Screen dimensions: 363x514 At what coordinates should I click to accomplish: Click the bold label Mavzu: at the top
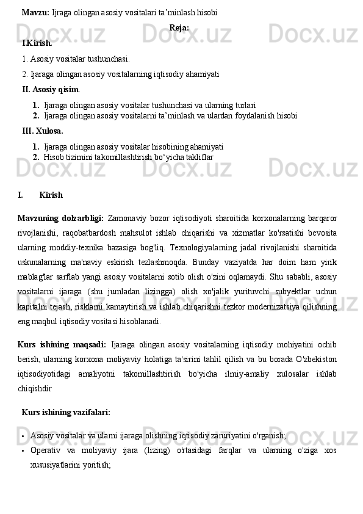tap(35, 12)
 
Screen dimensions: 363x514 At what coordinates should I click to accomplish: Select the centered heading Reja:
tap(179, 27)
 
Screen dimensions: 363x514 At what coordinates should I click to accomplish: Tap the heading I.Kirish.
tap(37, 43)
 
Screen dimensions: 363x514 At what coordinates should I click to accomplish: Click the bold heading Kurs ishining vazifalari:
tap(66, 413)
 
